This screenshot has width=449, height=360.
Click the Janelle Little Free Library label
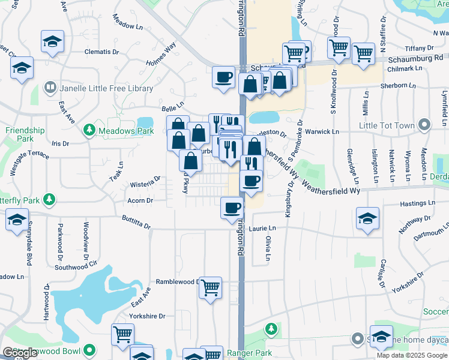point(106,88)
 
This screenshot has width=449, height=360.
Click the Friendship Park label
point(25,134)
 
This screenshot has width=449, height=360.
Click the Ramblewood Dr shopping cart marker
point(210,287)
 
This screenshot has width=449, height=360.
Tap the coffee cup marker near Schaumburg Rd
point(224,77)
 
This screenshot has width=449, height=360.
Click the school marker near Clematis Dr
point(52,41)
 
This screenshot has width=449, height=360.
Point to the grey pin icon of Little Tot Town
point(425,125)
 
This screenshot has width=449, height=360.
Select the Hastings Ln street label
point(413,204)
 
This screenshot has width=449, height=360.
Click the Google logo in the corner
point(20,353)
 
